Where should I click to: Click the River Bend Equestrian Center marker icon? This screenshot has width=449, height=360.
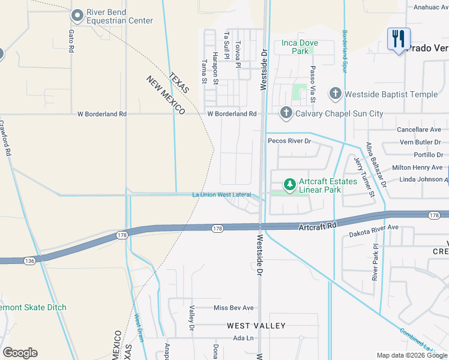click(x=77, y=15)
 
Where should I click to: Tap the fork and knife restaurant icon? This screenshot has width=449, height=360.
click(x=399, y=40)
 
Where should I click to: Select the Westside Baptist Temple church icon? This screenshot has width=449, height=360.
click(x=335, y=94)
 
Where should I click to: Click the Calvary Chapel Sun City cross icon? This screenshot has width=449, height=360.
click(x=286, y=113)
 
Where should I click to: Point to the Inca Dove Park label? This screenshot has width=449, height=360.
click(x=300, y=47)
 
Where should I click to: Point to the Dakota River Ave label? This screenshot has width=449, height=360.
click(x=374, y=228)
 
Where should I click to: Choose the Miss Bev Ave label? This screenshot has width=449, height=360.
click(x=234, y=308)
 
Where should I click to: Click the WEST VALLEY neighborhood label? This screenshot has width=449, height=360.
click(x=256, y=325)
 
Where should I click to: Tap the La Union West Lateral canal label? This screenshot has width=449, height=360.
click(x=221, y=195)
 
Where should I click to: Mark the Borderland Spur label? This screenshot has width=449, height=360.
click(x=345, y=51)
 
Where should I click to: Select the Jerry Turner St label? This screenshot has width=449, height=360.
click(x=364, y=177)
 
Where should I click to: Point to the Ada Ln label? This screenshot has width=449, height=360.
click(x=244, y=338)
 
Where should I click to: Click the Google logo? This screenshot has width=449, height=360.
click(x=20, y=353)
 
